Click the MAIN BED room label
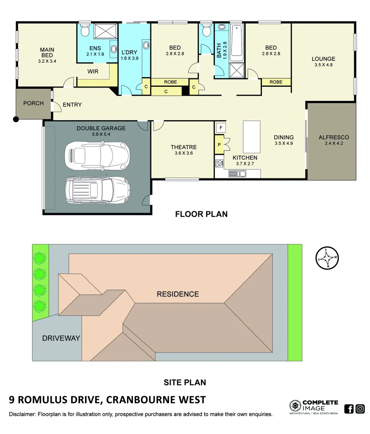click(x=47, y=53)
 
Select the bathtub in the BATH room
click(x=237, y=41)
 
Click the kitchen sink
click(x=237, y=174)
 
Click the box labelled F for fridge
click(x=220, y=128)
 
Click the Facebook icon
click(x=349, y=409)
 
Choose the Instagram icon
click(x=360, y=409)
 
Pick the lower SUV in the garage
click(x=96, y=190)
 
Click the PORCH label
click(x=33, y=103)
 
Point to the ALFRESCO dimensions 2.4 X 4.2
click(x=331, y=143)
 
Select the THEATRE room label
click(x=184, y=147)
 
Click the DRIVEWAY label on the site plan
click(x=61, y=338)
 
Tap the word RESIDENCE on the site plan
click(x=178, y=294)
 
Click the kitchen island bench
click(x=252, y=137)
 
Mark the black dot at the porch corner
click(x=16, y=119)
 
